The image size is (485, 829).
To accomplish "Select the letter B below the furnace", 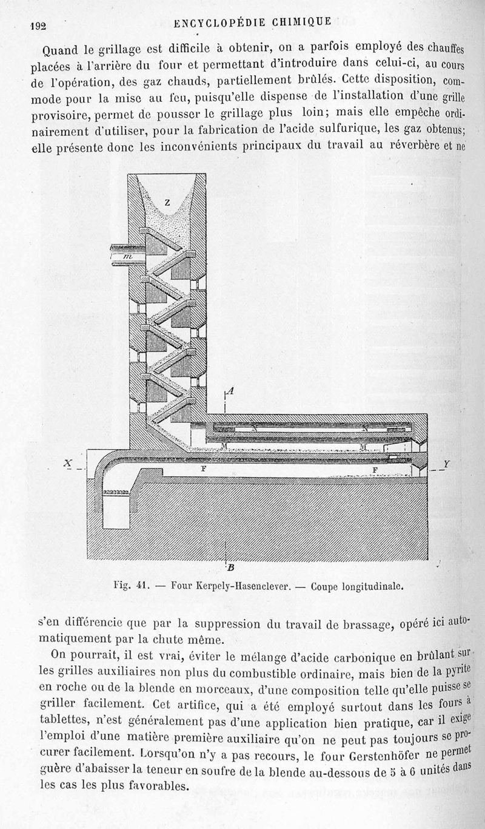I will click(231, 568).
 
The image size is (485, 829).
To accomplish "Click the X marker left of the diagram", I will click(70, 463).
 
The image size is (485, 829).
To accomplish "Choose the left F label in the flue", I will click(203, 469).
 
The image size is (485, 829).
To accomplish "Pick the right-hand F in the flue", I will click(375, 469).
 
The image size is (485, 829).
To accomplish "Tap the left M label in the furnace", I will click(209, 447).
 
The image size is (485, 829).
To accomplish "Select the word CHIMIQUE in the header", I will click(298, 22).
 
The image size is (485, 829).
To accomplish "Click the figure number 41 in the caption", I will click(143, 586).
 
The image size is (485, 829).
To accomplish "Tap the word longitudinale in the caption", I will click(371, 587).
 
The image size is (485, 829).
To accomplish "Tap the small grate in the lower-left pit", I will click(115, 492).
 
